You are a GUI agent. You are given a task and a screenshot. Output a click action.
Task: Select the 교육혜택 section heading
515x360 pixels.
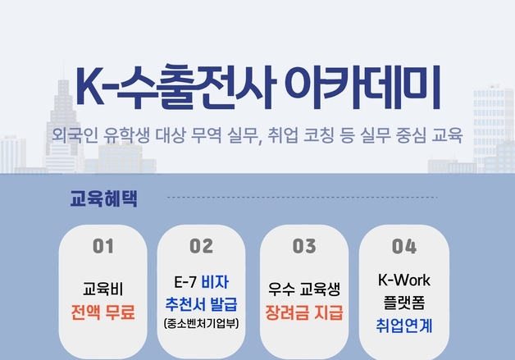coord(104,198)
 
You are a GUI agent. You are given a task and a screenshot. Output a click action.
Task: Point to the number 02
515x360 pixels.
coord(201,246)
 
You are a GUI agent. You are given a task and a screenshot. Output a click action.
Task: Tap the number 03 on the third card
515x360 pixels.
coord(304,246)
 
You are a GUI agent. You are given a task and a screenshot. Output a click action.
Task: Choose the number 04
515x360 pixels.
coord(404,246)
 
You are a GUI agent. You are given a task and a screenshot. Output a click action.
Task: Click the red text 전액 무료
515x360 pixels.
coord(103,312)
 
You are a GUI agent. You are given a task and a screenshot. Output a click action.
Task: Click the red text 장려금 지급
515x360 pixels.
coord(304,312)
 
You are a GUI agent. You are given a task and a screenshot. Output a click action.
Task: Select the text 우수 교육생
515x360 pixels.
coord(304,289)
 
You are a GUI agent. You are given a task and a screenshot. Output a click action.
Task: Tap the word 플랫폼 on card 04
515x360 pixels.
coord(404,301)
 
